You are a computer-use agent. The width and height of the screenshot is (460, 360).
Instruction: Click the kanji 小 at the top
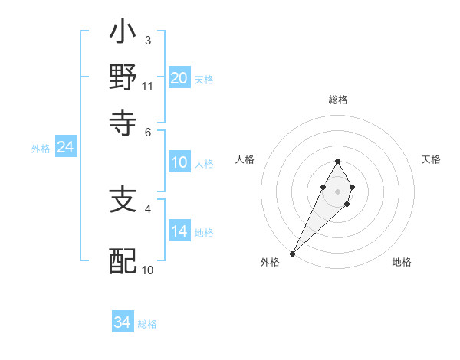tap(123, 34)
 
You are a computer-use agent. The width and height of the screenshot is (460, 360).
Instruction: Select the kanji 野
tap(123, 78)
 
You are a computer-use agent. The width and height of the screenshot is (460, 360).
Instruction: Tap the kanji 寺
tap(123, 122)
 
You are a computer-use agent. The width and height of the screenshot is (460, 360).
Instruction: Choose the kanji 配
tap(123, 260)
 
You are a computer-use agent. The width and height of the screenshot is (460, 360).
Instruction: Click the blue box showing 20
tap(179, 78)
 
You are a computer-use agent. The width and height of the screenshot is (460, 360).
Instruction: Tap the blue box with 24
tap(65, 148)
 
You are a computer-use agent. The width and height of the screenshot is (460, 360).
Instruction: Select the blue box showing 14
tap(179, 231)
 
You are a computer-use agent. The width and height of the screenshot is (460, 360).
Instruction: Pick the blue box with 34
tap(123, 322)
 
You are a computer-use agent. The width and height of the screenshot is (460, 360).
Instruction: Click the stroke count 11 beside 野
tap(147, 87)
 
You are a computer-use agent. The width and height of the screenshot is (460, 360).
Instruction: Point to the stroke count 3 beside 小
tap(147, 40)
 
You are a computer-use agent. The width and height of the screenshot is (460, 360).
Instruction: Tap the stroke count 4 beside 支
tap(147, 208)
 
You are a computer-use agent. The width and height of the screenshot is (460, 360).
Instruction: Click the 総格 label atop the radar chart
tap(337, 100)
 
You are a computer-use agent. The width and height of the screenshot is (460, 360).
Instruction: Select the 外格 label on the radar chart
tap(270, 262)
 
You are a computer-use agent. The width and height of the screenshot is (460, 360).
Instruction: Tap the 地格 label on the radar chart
tap(402, 262)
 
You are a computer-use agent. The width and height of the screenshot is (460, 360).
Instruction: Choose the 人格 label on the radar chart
tap(245, 159)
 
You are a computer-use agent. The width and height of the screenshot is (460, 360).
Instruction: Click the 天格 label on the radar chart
tap(432, 159)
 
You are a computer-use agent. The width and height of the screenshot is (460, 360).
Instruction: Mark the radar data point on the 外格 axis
tap(293, 253)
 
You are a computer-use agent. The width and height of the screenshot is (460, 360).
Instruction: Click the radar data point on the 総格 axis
tap(337, 161)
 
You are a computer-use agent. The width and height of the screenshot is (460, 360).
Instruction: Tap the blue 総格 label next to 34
tap(147, 324)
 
